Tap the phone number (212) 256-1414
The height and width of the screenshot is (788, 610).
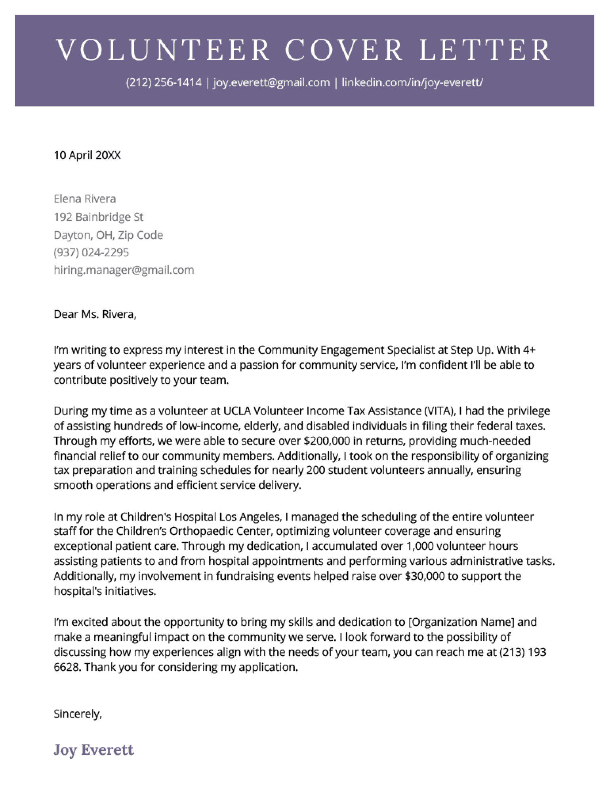(164, 83)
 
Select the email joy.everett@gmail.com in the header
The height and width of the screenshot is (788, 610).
(271, 83)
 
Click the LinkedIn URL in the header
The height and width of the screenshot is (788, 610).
(412, 83)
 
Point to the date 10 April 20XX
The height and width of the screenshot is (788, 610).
(87, 155)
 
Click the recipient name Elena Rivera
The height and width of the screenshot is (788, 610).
(85, 199)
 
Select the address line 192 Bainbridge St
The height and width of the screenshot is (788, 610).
(99, 217)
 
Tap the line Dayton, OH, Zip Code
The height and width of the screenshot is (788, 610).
(108, 235)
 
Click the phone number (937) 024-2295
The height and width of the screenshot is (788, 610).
(91, 252)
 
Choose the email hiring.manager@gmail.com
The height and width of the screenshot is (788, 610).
(124, 270)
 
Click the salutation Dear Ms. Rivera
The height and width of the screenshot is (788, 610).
(95, 314)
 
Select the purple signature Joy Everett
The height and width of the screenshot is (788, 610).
(93, 750)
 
